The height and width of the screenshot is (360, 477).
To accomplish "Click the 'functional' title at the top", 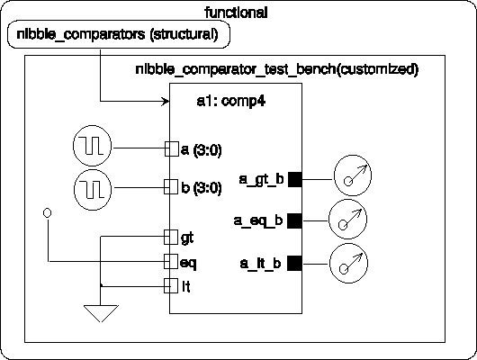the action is click(236, 13).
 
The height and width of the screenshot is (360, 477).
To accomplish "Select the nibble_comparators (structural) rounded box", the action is click(119, 34).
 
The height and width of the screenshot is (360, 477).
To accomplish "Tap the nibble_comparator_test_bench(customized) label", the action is click(277, 69).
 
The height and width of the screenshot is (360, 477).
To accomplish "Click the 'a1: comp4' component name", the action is click(231, 101).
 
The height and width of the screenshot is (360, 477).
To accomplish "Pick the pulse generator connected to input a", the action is click(92, 146).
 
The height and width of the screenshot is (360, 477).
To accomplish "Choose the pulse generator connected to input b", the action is click(93, 190).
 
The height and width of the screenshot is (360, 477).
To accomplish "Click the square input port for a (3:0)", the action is click(172, 149).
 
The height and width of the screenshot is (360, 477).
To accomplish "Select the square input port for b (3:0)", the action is click(171, 186).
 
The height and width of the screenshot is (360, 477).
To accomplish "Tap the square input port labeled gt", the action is click(171, 237).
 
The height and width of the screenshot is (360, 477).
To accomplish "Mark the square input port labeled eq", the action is click(171, 261).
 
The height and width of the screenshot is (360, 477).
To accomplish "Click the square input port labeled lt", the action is click(171, 285).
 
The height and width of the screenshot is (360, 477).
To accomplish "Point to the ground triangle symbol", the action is click(101, 313).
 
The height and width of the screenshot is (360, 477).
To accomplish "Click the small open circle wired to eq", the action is click(47, 213).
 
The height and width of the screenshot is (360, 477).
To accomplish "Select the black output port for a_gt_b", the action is click(295, 179).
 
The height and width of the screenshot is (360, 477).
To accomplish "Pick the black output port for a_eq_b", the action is click(295, 220).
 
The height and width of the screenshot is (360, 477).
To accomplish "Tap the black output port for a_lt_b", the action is click(295, 263).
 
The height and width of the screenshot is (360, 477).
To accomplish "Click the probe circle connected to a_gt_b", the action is click(353, 175).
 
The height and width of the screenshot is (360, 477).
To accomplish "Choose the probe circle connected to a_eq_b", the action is click(347, 219).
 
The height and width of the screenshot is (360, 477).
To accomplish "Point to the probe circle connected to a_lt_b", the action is click(348, 263).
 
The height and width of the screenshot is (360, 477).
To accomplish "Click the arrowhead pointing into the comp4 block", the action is click(166, 102).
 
